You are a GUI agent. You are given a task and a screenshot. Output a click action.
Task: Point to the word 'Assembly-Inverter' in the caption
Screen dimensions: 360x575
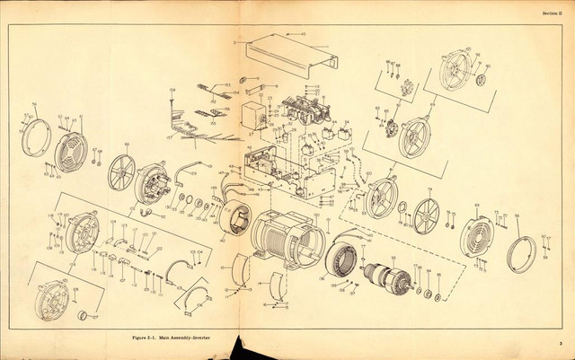tap(192, 334)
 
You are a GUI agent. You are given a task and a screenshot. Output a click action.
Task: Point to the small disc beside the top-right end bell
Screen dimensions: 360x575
tap(480, 80)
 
